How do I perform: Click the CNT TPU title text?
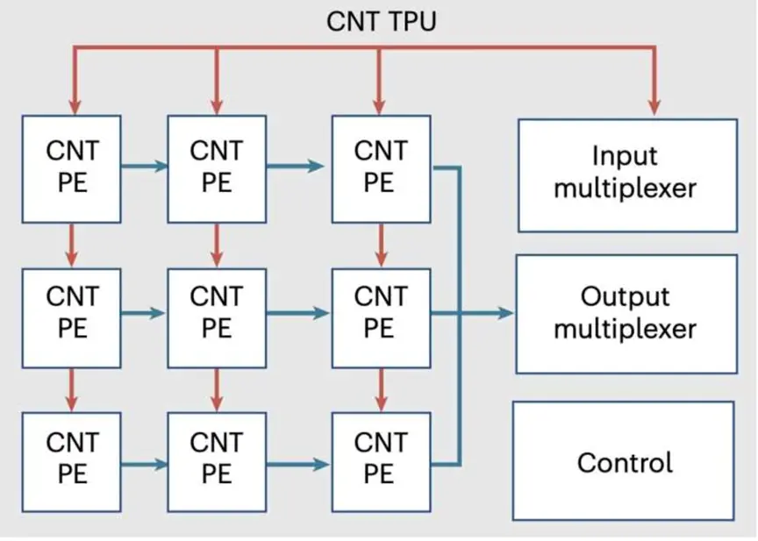[x=382, y=22]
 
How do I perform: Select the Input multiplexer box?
[x=627, y=175]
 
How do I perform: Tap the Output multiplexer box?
[x=626, y=314]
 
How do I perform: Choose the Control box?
[x=624, y=461]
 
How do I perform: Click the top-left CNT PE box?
[x=72, y=169]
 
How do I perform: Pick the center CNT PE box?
[x=217, y=318]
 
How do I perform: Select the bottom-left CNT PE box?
[x=72, y=462]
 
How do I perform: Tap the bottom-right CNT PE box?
[x=381, y=462]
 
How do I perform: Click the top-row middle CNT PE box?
[x=217, y=169]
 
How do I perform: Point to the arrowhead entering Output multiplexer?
[x=505, y=314]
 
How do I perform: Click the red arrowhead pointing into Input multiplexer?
[x=654, y=108]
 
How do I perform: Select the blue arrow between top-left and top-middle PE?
[x=145, y=167]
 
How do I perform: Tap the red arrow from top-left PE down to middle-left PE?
[x=72, y=246]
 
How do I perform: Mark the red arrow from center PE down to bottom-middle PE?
[x=217, y=390]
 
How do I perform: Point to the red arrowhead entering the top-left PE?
[x=75, y=107]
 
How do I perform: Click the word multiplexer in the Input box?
[x=625, y=189]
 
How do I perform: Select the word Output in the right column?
[x=625, y=296]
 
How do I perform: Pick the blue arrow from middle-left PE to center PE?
[x=143, y=314]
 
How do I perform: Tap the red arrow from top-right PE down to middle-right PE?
[x=382, y=246]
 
